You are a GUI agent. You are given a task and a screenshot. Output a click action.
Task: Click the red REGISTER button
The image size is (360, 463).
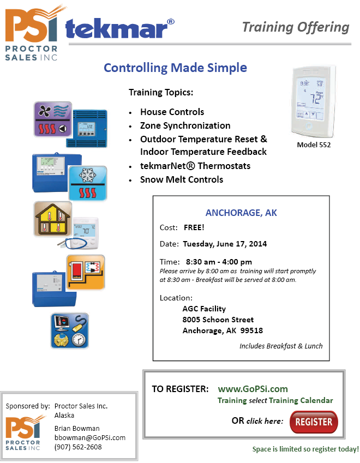(x=314, y=422)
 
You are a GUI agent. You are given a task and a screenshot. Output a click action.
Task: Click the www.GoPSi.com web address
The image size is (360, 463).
(x=253, y=389)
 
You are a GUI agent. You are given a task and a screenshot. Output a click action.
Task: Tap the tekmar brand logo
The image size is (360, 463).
(x=119, y=29)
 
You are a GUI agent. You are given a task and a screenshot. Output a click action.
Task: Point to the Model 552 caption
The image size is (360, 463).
(x=314, y=145)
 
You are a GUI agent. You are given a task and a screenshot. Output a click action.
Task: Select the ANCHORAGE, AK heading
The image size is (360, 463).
(x=241, y=213)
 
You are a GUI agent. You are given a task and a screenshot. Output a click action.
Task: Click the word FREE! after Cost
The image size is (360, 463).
(x=194, y=227)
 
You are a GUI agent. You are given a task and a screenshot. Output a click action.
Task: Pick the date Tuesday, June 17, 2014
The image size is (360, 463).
(x=225, y=244)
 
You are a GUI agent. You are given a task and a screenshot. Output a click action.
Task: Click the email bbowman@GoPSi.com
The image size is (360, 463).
(x=90, y=437)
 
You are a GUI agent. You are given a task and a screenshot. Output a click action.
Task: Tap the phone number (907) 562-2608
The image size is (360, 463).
(x=78, y=447)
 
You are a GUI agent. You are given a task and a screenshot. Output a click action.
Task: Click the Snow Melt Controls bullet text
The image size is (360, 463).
(x=182, y=179)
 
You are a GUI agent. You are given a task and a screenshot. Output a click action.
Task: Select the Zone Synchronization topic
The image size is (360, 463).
(x=185, y=125)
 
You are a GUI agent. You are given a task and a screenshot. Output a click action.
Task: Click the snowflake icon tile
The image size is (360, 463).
(x=88, y=183)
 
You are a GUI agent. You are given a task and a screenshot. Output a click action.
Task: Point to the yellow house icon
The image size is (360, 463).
(x=53, y=219)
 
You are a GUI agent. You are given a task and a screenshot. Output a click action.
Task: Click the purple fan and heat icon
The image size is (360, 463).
(x=53, y=119)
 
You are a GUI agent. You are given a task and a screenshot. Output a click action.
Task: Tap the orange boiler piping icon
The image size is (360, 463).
(x=86, y=272)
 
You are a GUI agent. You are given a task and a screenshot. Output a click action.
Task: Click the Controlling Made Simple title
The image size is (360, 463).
(x=175, y=68)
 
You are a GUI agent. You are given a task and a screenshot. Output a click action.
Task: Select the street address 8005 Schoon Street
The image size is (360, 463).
(x=218, y=320)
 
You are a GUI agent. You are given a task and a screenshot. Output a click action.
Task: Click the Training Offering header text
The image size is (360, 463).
(x=296, y=27)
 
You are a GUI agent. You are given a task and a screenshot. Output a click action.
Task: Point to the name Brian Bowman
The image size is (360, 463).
(x=77, y=428)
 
